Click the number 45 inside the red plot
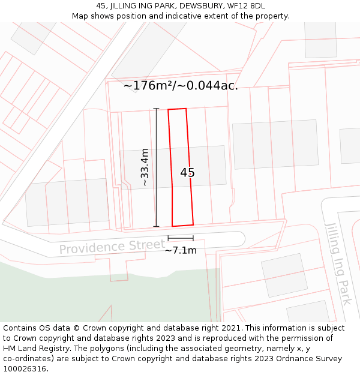click(x=187, y=173)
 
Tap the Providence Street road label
click(x=112, y=247)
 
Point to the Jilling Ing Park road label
click(x=338, y=263)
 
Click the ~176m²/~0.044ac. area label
click(x=181, y=86)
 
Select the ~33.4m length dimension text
click(x=145, y=167)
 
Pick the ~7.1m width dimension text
click(x=181, y=250)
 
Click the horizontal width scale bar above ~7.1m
click(x=181, y=238)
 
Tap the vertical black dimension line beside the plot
click(x=157, y=167)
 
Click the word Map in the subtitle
click(x=80, y=16)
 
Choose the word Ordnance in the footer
click(x=293, y=359)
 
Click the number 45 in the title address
click(x=101, y=6)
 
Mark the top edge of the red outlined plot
click(x=177, y=109)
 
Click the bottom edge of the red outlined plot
click(x=183, y=226)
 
